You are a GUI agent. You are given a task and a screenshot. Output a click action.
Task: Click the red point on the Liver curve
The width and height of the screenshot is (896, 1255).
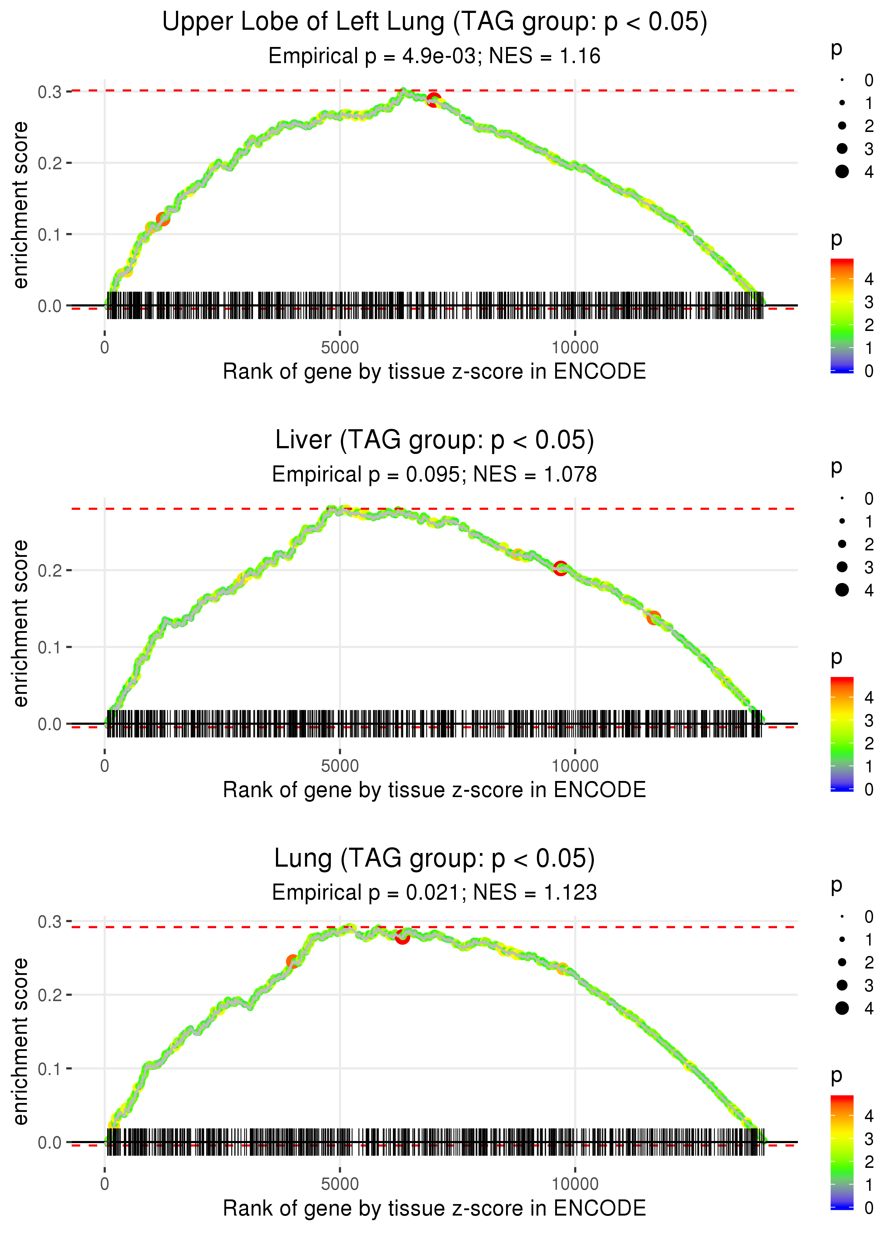pos(561,568)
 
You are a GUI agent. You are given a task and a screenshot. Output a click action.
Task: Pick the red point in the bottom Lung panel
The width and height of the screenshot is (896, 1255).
pos(402,937)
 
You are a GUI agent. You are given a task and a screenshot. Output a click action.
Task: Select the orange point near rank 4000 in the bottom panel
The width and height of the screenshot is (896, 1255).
pos(292,961)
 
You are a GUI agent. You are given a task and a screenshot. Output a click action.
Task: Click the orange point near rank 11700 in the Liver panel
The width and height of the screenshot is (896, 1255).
pos(654,617)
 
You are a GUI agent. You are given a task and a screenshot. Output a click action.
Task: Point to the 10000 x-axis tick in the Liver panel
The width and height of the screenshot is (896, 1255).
pos(575,766)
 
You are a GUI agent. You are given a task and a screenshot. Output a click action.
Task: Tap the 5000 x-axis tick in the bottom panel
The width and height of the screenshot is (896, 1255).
pos(340,1184)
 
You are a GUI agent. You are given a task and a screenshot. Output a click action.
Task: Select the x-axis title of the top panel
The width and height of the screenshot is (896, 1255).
pos(434,371)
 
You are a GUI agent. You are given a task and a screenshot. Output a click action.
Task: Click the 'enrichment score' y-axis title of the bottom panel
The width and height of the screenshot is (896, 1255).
pos(20,1042)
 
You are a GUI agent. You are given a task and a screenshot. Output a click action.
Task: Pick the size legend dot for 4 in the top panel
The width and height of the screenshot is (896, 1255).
pos(842,172)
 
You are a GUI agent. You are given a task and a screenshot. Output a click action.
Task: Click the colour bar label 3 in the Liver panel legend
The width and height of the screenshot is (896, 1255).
pos(869,720)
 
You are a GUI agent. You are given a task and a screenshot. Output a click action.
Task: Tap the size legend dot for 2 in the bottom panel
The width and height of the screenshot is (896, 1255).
pos(842,962)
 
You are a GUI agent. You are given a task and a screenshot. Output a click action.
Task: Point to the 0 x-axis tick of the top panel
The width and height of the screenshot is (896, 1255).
pos(105,348)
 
